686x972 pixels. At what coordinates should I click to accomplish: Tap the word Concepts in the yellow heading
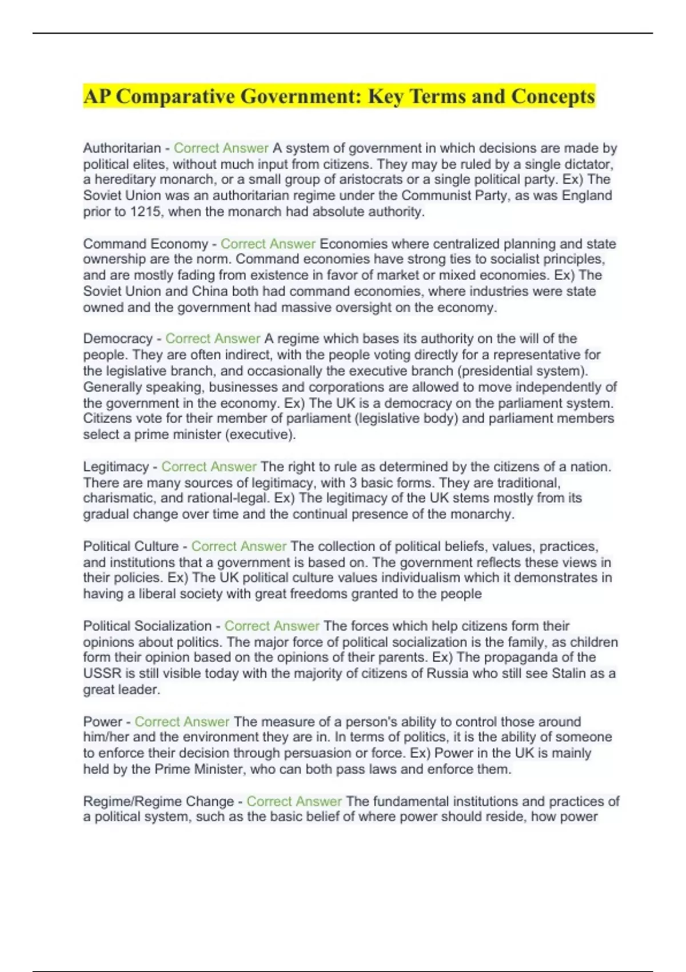553,96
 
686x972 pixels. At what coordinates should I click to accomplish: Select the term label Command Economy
145,244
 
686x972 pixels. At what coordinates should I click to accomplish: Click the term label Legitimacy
115,467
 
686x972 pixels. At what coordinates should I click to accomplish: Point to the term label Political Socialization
147,626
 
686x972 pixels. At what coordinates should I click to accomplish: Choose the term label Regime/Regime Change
158,801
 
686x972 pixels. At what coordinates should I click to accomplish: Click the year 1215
145,212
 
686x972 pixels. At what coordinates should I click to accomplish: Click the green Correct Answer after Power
182,722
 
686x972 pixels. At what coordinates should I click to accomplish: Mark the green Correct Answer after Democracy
213,338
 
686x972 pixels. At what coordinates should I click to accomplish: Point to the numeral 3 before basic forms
353,483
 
